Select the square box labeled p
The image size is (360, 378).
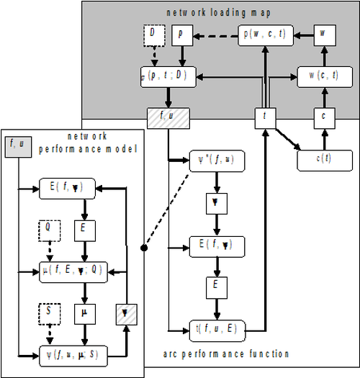pos(181,35)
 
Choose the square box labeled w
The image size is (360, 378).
pos(323,35)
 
